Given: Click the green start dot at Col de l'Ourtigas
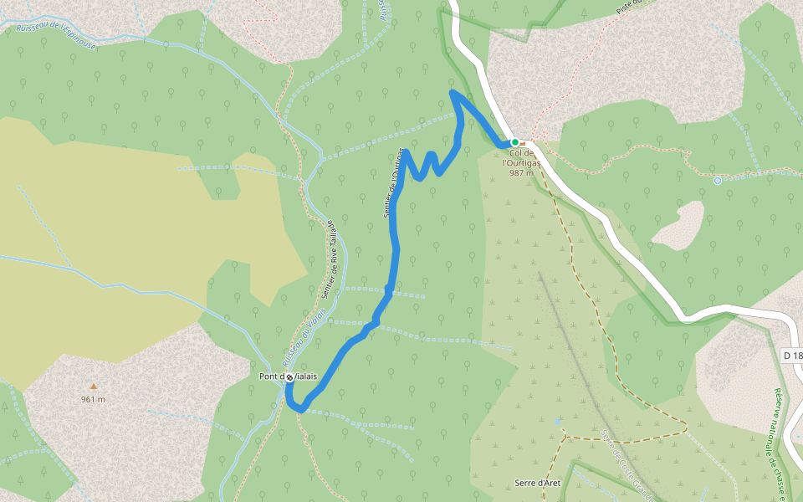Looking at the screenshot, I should click(515, 142).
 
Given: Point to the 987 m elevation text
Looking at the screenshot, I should click(521, 173).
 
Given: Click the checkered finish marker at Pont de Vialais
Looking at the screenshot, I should click(289, 377).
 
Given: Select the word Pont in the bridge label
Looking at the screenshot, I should click(269, 376).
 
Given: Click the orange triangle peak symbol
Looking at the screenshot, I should click(94, 387).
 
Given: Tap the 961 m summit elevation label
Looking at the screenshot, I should click(94, 399).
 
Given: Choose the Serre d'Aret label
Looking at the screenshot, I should click(538, 483).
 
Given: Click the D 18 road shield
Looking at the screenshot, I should click(792, 356).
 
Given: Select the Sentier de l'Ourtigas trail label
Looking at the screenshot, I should click(394, 183).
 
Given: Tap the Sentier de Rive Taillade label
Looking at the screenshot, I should click(328, 259).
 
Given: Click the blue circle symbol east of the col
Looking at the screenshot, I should click(717, 180).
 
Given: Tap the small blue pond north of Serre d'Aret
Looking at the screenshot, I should click(555, 421).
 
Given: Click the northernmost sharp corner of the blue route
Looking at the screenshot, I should click(453, 91).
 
